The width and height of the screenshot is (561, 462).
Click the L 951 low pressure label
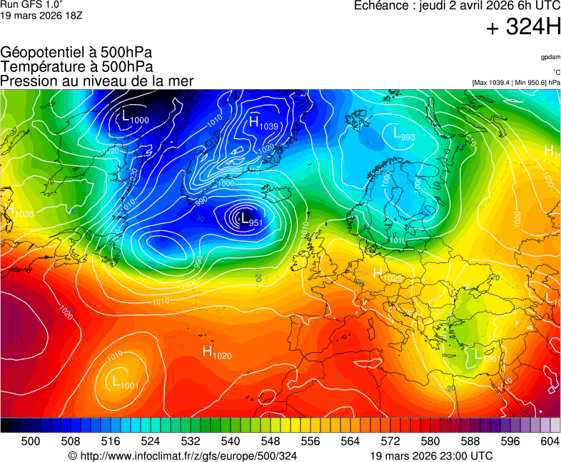(x=249, y=220)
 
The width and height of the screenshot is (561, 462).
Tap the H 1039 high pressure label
(x=263, y=123)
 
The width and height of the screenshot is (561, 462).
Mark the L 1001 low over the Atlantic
(x=125, y=383)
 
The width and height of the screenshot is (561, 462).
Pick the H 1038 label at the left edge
(x=19, y=212)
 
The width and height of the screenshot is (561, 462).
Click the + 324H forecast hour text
(x=523, y=29)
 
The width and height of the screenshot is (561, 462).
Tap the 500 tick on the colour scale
(x=31, y=442)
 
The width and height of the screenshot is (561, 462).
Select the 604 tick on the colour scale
(x=549, y=442)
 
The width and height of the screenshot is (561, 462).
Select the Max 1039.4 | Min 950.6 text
(x=516, y=83)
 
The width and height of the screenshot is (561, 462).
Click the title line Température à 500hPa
(x=76, y=66)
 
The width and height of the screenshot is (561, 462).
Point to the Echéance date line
(x=457, y=6)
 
